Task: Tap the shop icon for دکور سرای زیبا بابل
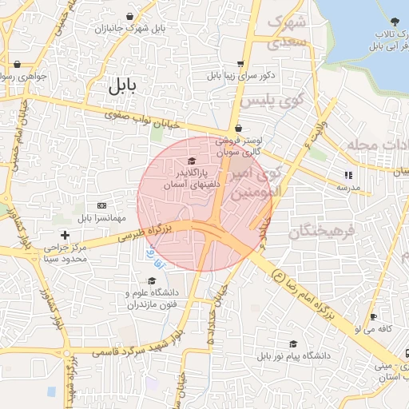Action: (240, 65)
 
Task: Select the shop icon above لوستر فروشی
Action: (238, 129)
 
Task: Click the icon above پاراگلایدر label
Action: (190, 161)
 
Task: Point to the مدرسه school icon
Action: (347, 175)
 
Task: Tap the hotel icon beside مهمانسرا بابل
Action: (101, 205)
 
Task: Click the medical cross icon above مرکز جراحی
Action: (66, 235)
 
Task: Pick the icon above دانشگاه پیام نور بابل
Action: (294, 343)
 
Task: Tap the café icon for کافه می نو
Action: (374, 317)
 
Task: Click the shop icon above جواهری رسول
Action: (17, 65)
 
